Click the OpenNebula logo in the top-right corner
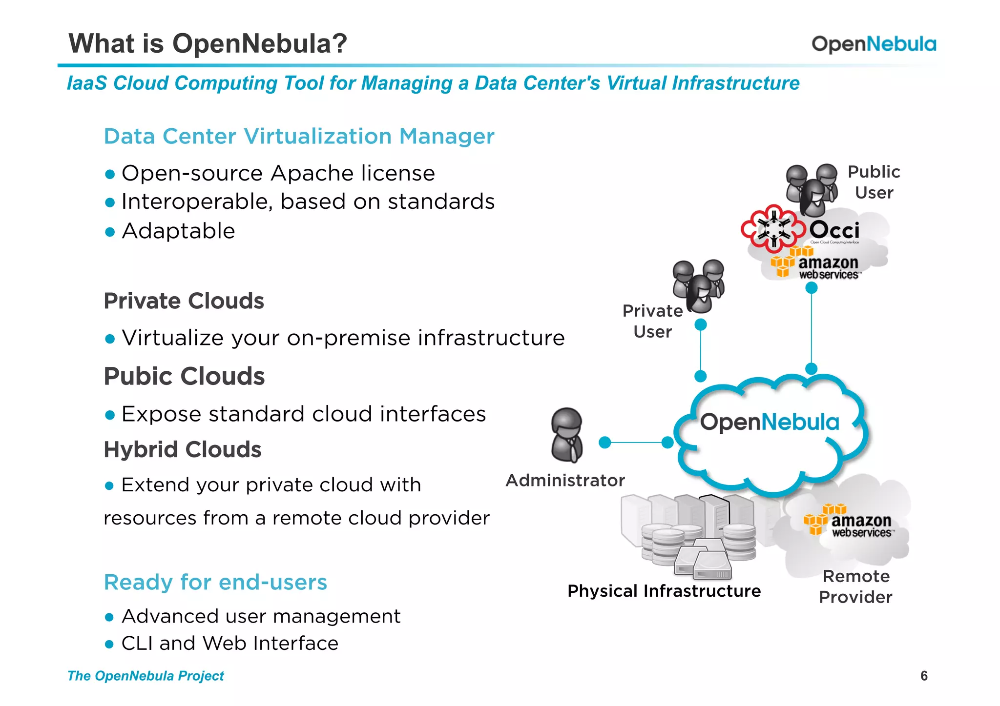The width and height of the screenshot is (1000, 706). pyautogui.click(x=874, y=44)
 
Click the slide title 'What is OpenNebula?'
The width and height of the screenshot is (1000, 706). pyautogui.click(x=208, y=43)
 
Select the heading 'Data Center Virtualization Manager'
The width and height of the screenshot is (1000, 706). pyautogui.click(x=299, y=136)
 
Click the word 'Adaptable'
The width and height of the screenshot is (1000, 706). pyautogui.click(x=178, y=231)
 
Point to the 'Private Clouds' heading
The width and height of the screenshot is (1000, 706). pyautogui.click(x=184, y=301)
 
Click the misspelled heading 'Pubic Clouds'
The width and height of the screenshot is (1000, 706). pyautogui.click(x=184, y=376)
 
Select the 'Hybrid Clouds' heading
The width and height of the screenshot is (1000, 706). pyautogui.click(x=182, y=449)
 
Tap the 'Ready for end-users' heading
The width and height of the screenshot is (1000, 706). pyautogui.click(x=215, y=582)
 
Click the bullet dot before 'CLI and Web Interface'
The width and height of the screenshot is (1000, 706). pyautogui.click(x=109, y=645)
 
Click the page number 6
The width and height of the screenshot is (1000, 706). pyautogui.click(x=924, y=676)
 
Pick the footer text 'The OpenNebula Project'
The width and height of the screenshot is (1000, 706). pyautogui.click(x=146, y=676)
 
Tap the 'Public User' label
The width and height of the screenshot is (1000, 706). pyautogui.click(x=874, y=182)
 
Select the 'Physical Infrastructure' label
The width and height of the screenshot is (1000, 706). pyautogui.click(x=664, y=591)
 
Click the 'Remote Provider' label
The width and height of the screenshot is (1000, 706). pyautogui.click(x=855, y=586)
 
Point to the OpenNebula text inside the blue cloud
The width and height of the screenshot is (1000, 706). pyautogui.click(x=770, y=422)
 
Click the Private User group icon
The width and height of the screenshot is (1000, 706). pyautogui.click(x=698, y=286)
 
